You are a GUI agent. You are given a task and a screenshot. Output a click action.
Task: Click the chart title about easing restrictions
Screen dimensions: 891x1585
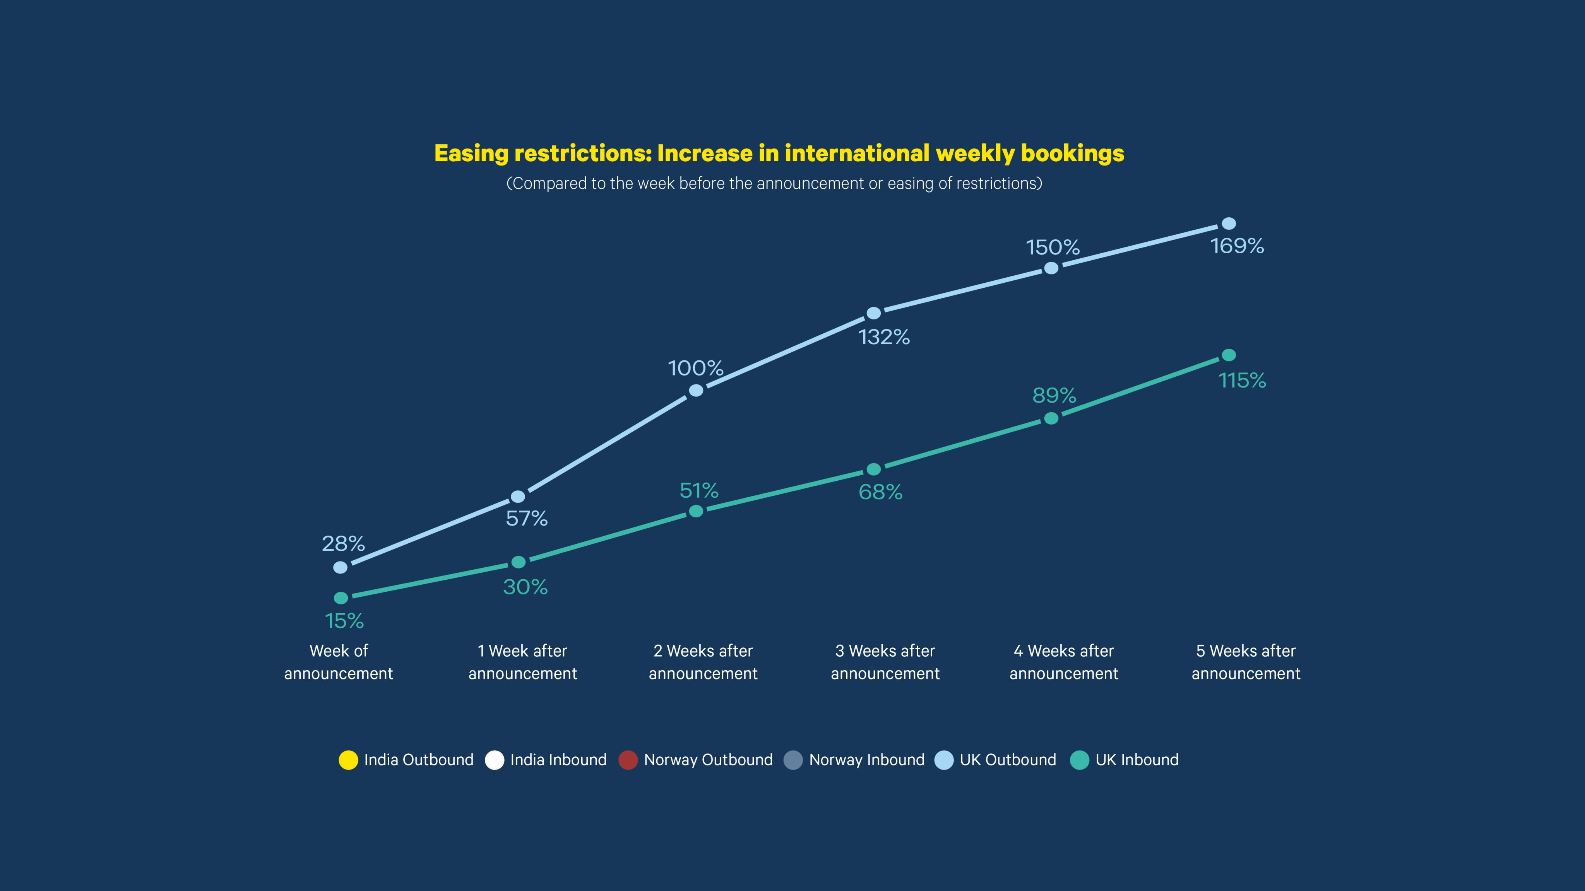[779, 153]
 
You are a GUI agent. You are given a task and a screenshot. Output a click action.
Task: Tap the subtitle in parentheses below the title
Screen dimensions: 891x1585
[774, 183]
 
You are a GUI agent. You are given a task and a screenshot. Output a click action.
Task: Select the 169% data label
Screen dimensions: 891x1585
[1237, 246]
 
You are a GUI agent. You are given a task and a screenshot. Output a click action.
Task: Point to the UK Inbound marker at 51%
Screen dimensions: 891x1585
[696, 511]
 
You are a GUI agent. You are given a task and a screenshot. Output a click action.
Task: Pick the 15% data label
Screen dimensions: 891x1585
[344, 621]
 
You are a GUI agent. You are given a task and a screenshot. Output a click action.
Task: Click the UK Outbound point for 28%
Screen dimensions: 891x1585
[340, 567]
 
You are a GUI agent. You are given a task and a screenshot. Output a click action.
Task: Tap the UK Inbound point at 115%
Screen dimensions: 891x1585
[1229, 355]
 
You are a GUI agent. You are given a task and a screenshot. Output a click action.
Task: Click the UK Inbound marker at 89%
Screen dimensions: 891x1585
[1051, 418]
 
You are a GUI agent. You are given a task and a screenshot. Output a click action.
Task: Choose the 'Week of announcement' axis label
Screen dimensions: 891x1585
[339, 662]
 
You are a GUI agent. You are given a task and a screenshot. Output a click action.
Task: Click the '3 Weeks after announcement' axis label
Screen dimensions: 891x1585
[885, 662]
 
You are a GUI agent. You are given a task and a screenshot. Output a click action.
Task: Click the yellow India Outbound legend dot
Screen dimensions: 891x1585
[348, 760]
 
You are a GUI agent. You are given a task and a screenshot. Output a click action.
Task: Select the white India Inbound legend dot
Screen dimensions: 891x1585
[494, 760]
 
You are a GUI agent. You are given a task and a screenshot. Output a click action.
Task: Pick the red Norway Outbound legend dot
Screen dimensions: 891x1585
[628, 760]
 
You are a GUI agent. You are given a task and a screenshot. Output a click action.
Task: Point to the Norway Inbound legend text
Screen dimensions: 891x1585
[866, 760]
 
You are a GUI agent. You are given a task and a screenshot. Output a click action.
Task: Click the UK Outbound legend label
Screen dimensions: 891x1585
[1007, 760]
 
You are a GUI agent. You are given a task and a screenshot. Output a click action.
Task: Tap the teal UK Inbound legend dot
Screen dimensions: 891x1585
[1079, 760]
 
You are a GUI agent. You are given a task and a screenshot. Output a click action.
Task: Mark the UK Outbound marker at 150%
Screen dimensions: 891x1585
[1051, 268]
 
